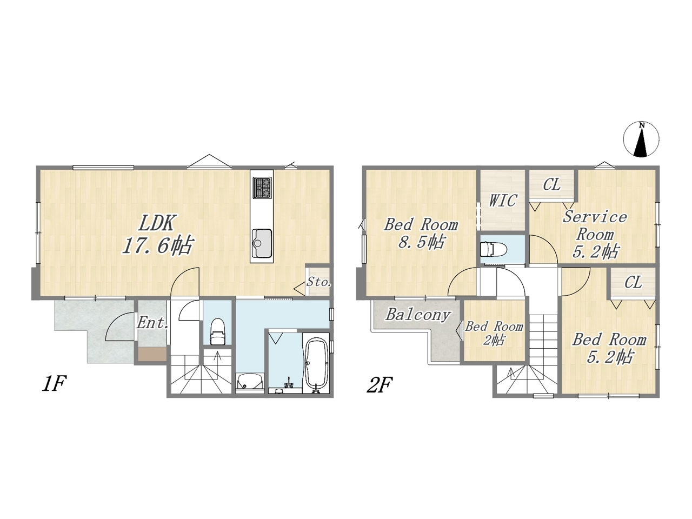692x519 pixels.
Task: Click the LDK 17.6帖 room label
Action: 157,234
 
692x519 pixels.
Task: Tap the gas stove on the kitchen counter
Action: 262,188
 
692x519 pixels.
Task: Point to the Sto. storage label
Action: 319,282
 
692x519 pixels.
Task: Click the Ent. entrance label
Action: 152,323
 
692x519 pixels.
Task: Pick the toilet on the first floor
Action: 217,331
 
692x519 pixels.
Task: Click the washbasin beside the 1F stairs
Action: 249,382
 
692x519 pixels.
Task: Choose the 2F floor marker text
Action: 380,385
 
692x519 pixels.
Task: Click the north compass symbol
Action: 641,139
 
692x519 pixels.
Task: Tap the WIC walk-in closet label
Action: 503,200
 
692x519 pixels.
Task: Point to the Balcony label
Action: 418,315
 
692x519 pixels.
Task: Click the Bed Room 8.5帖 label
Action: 421,234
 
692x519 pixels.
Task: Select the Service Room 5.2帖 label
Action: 595,235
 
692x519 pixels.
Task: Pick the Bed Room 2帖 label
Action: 494,333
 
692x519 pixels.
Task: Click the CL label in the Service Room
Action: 552,185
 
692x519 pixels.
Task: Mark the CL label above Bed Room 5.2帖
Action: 633,282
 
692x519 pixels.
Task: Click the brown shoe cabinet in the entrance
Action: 152,354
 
